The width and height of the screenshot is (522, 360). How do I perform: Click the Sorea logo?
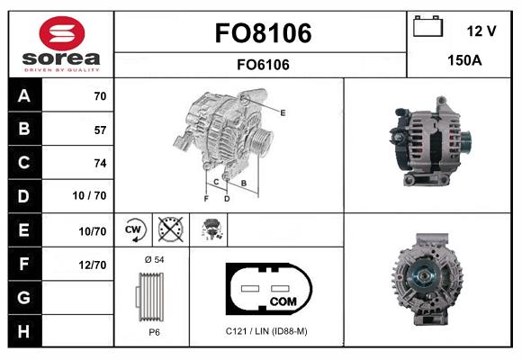click(x=61, y=44)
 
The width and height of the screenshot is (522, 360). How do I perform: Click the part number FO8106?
click(x=262, y=33)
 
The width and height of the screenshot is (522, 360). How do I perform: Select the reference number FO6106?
click(x=262, y=64)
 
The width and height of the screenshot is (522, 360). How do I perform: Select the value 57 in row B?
click(x=99, y=130)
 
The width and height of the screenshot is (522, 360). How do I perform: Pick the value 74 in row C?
click(x=99, y=163)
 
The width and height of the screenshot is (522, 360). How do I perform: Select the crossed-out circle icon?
click(x=169, y=230)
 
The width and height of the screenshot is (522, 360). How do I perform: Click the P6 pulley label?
click(x=154, y=331)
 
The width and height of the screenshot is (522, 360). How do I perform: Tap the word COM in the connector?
click(x=283, y=301)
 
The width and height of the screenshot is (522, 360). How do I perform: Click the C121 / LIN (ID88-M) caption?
click(x=266, y=331)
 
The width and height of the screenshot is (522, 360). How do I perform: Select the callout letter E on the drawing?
click(x=282, y=112)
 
